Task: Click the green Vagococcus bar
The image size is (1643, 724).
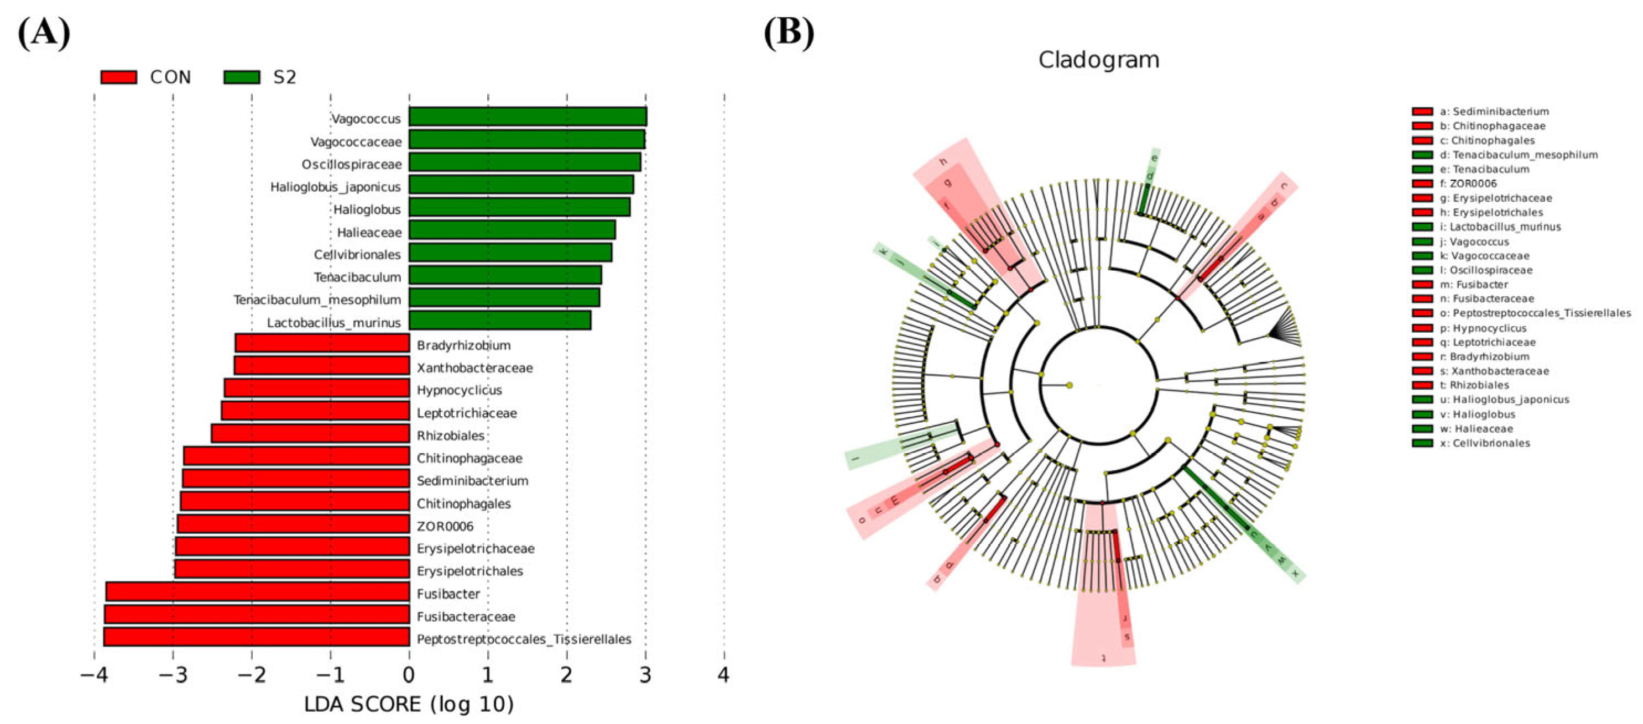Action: [528, 117]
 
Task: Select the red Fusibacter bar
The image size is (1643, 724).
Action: [258, 591]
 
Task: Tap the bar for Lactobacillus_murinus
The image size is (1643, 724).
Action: [499, 320]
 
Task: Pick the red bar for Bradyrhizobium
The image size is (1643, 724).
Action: [322, 343]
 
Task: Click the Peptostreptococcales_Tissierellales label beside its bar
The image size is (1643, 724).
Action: [524, 638]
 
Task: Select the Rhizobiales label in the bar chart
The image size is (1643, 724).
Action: [450, 436]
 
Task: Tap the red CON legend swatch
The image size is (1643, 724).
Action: [119, 77]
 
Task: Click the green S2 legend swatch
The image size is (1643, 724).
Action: [242, 77]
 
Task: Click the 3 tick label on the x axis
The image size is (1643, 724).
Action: [645, 674]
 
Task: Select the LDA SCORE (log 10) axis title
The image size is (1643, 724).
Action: [409, 704]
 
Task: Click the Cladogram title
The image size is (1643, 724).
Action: [1098, 60]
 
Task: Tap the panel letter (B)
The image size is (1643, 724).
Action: [789, 32]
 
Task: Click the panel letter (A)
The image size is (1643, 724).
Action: [43, 32]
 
